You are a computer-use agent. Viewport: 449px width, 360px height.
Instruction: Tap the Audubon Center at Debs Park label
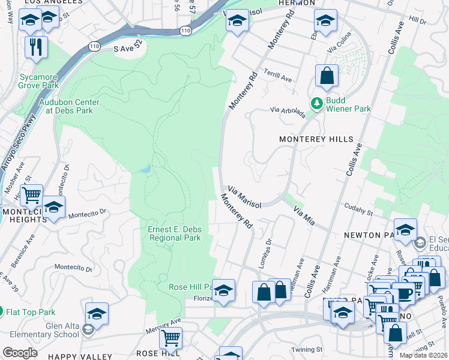coord(69,106)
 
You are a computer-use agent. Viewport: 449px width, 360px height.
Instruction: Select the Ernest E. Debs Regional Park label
coord(174,233)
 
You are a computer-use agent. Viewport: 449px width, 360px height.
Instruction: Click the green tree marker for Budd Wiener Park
coord(316,104)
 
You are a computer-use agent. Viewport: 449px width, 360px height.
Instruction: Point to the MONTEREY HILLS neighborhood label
coord(316,139)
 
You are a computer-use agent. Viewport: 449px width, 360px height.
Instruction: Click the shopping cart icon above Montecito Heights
coord(31,194)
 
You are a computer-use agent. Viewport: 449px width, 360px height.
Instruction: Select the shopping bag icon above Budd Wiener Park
coord(327,76)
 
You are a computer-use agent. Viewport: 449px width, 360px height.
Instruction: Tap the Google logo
coord(20,352)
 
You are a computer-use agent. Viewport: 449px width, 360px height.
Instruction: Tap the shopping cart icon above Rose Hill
coord(170,338)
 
